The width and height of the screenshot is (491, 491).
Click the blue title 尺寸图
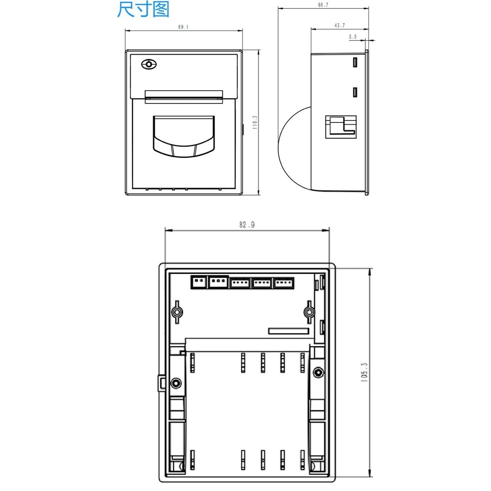coord(143,10)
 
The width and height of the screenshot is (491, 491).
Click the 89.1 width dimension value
coord(183,27)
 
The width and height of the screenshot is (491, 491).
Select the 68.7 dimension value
coord(323,5)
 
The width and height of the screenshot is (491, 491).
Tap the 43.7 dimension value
coord(340,25)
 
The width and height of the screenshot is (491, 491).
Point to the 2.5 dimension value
coord(353,37)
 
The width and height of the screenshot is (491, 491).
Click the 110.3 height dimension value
coord(255,122)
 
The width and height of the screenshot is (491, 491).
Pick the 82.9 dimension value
coord(247,225)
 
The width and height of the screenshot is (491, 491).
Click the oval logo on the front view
coord(149,64)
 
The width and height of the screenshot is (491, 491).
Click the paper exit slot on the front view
coord(184,97)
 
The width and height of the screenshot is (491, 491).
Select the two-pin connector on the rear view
coord(199,282)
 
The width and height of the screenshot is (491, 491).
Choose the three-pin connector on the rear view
coord(219,282)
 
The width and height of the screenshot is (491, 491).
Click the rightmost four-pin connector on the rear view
coord(284,283)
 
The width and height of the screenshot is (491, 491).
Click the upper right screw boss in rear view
coord(309,312)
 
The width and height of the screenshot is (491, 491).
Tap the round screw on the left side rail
coord(176,383)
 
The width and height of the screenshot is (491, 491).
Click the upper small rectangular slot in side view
coord(355,62)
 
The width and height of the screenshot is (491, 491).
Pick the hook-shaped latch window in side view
coord(341,127)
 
